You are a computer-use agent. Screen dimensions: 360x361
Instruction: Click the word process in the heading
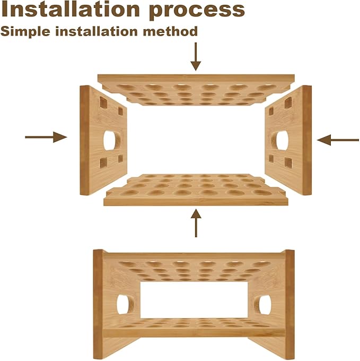(x=197, y=11)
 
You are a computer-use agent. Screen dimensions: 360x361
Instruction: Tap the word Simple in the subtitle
(x=25, y=31)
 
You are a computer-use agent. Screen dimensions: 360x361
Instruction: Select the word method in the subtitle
(x=170, y=31)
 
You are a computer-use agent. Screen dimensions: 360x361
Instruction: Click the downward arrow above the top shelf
(x=196, y=56)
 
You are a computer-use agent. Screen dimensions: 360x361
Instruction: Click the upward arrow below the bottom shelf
(x=196, y=223)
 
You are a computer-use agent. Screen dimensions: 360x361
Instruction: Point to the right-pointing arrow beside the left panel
(x=46, y=137)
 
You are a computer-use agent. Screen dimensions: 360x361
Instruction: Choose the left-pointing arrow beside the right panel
(x=338, y=140)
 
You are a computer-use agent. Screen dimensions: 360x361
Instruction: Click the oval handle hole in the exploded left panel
(x=112, y=141)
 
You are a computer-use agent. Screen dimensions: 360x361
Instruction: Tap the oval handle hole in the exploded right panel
(x=280, y=141)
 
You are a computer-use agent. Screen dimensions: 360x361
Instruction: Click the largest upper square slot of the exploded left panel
(x=103, y=102)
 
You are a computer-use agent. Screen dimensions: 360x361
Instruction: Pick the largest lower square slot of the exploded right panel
(x=288, y=162)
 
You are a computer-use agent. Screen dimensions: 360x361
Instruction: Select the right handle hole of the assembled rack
(x=262, y=305)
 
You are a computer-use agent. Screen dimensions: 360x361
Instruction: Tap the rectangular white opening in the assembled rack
(x=194, y=300)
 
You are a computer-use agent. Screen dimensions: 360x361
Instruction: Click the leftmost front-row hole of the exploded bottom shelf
(x=130, y=193)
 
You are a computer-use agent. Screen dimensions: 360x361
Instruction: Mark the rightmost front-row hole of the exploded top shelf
(x=267, y=88)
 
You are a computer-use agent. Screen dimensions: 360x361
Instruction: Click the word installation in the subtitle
(x=96, y=31)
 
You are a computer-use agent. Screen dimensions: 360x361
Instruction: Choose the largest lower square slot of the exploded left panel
(x=103, y=162)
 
